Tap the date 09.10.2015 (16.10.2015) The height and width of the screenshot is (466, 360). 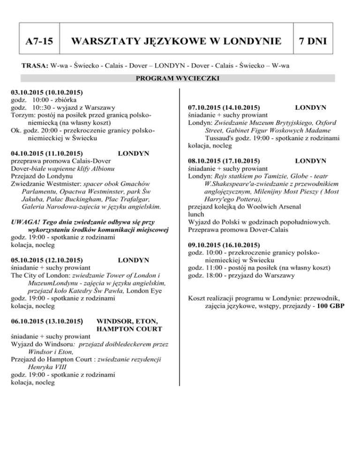pos(224,245)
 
